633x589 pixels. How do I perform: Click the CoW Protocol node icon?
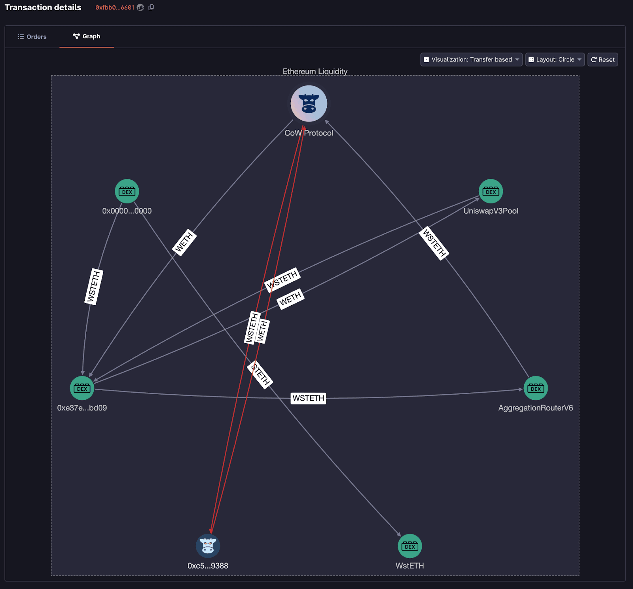[x=309, y=104]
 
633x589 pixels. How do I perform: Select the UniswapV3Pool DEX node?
[x=491, y=192]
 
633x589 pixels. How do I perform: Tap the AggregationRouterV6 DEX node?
[x=535, y=388]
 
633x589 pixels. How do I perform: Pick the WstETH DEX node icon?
[x=409, y=546]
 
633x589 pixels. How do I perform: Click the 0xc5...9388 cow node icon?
[x=208, y=546]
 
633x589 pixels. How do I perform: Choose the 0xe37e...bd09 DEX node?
[x=82, y=388]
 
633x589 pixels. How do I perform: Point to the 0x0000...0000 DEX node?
[x=127, y=192]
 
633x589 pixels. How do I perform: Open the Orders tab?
[x=32, y=37]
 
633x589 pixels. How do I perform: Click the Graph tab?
[x=87, y=36]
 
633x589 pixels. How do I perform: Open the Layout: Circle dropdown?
[x=555, y=60]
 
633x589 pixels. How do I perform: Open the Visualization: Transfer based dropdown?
[x=471, y=60]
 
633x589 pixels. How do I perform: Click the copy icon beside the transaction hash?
[x=151, y=8]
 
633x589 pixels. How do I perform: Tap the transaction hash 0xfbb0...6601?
[x=115, y=8]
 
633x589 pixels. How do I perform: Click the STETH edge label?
[x=260, y=374]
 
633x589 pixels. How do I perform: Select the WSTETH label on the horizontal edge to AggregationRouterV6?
[x=308, y=398]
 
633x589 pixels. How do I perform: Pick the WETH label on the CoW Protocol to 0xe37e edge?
[x=184, y=242]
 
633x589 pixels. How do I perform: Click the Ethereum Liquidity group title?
[x=315, y=71]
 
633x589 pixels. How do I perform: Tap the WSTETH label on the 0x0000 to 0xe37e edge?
[x=94, y=287]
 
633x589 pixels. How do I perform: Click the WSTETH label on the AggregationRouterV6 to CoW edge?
[x=434, y=243]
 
